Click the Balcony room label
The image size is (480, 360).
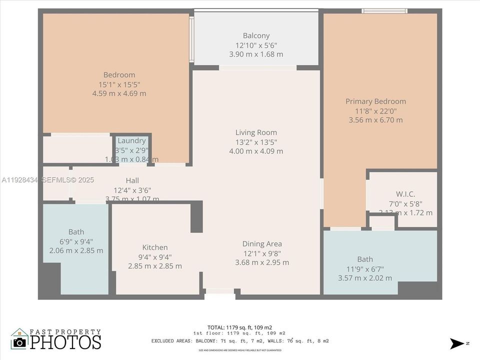(x=256, y=35)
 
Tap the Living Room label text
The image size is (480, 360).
(x=256, y=132)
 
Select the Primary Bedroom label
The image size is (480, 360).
(x=375, y=101)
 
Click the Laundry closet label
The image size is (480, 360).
(x=131, y=141)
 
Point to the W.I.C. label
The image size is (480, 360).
(x=405, y=194)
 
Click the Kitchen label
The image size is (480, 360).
(x=155, y=247)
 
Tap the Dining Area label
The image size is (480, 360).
(x=262, y=244)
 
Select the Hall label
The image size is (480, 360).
(x=132, y=180)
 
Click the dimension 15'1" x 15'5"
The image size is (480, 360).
(x=119, y=84)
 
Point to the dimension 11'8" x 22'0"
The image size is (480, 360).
(x=375, y=111)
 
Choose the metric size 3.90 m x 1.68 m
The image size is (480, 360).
(x=256, y=54)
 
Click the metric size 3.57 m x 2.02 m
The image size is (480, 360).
(x=365, y=278)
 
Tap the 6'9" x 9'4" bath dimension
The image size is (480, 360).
(x=76, y=241)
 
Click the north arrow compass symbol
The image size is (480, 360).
(x=457, y=343)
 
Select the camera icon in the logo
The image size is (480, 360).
(x=19, y=342)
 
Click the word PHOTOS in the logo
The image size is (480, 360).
(x=65, y=342)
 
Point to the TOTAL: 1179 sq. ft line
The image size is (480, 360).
(x=239, y=327)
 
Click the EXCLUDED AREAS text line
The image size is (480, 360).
(x=239, y=341)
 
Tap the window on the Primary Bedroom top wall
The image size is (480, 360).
(x=384, y=11)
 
